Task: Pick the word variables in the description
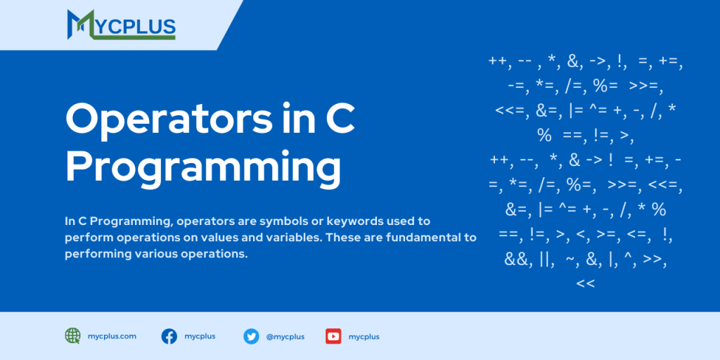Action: pyautogui.click(x=288, y=238)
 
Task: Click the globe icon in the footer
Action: pyautogui.click(x=72, y=336)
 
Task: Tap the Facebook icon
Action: pyautogui.click(x=169, y=336)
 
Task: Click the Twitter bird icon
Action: pyautogui.click(x=251, y=336)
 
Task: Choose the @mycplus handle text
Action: pyautogui.click(x=285, y=337)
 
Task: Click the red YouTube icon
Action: pyautogui.click(x=333, y=336)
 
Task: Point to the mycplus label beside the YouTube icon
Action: pyautogui.click(x=364, y=337)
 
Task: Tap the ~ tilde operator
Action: pyautogui.click(x=572, y=259)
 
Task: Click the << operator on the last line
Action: pyautogui.click(x=585, y=283)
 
